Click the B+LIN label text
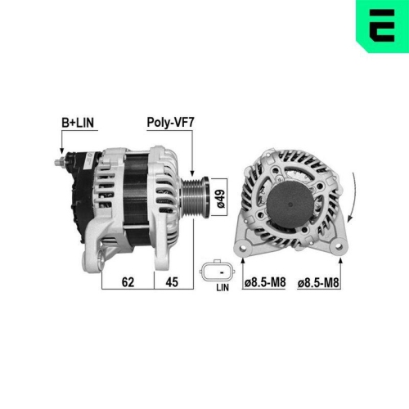coord(79,123)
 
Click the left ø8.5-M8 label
coord(265,283)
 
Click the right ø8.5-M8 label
coord(320,283)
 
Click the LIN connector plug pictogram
coord(217,271)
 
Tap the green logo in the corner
coord(380,22)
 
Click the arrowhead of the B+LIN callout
coord(62,153)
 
